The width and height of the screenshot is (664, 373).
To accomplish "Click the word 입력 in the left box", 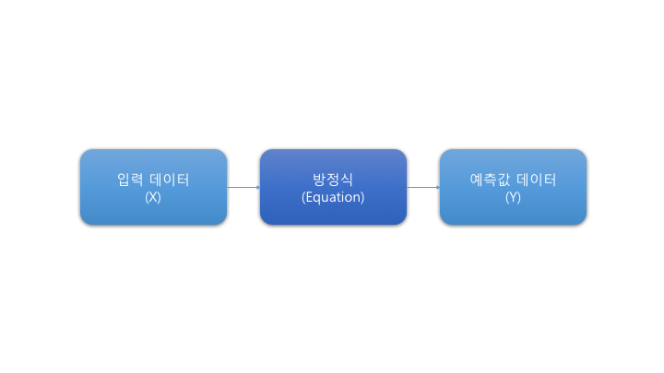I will click(130, 180).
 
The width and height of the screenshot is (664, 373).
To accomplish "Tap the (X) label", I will click(153, 197).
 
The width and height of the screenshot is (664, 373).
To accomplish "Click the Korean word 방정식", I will click(333, 180).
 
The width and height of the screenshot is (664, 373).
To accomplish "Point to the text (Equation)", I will click(333, 197).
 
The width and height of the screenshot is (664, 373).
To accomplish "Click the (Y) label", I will click(513, 197).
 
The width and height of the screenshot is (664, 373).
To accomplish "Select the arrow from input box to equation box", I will click(243, 187).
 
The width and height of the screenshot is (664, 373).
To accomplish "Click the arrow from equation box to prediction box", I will click(422, 187).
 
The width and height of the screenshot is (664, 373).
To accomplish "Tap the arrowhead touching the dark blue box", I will click(256, 187).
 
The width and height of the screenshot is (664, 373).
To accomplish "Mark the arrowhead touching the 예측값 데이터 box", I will click(436, 187).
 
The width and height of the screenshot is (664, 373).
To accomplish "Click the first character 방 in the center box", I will click(320, 180).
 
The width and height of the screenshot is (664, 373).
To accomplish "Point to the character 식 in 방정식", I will click(346, 180).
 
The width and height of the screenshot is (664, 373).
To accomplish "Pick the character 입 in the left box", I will click(124, 180).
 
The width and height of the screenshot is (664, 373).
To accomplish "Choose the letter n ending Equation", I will click(356, 197).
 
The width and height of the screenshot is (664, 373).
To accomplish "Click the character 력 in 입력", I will click(136, 180).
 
